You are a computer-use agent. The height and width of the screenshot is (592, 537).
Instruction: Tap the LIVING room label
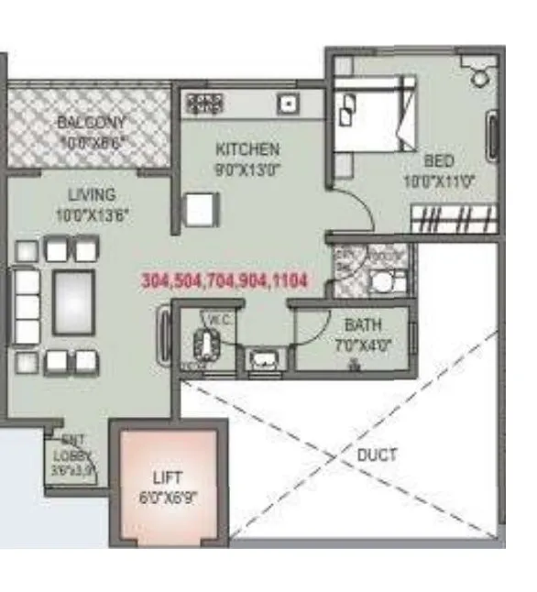91,194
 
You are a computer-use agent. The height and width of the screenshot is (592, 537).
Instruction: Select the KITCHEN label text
247,148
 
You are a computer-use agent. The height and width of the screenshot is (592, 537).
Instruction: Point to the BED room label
439,160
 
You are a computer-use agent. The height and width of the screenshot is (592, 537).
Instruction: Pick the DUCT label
377,455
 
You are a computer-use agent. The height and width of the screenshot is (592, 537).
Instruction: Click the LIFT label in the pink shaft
168,477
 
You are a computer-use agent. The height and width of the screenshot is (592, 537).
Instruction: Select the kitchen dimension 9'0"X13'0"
247,168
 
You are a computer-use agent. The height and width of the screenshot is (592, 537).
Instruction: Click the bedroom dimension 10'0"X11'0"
439,181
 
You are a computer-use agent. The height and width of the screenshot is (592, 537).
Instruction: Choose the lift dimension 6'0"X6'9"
168,499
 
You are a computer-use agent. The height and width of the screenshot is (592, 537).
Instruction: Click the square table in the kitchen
201,210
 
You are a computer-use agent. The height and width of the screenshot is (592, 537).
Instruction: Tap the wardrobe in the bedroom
454,220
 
